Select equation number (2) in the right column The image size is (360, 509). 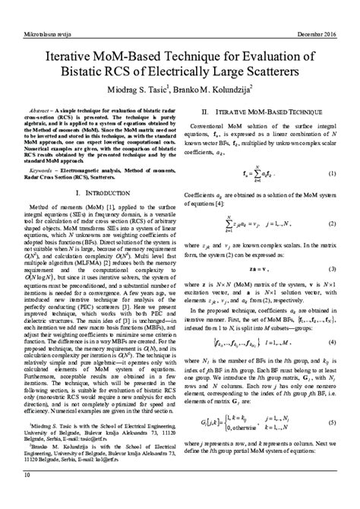click(332, 245)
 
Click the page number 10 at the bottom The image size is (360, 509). click(28, 496)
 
